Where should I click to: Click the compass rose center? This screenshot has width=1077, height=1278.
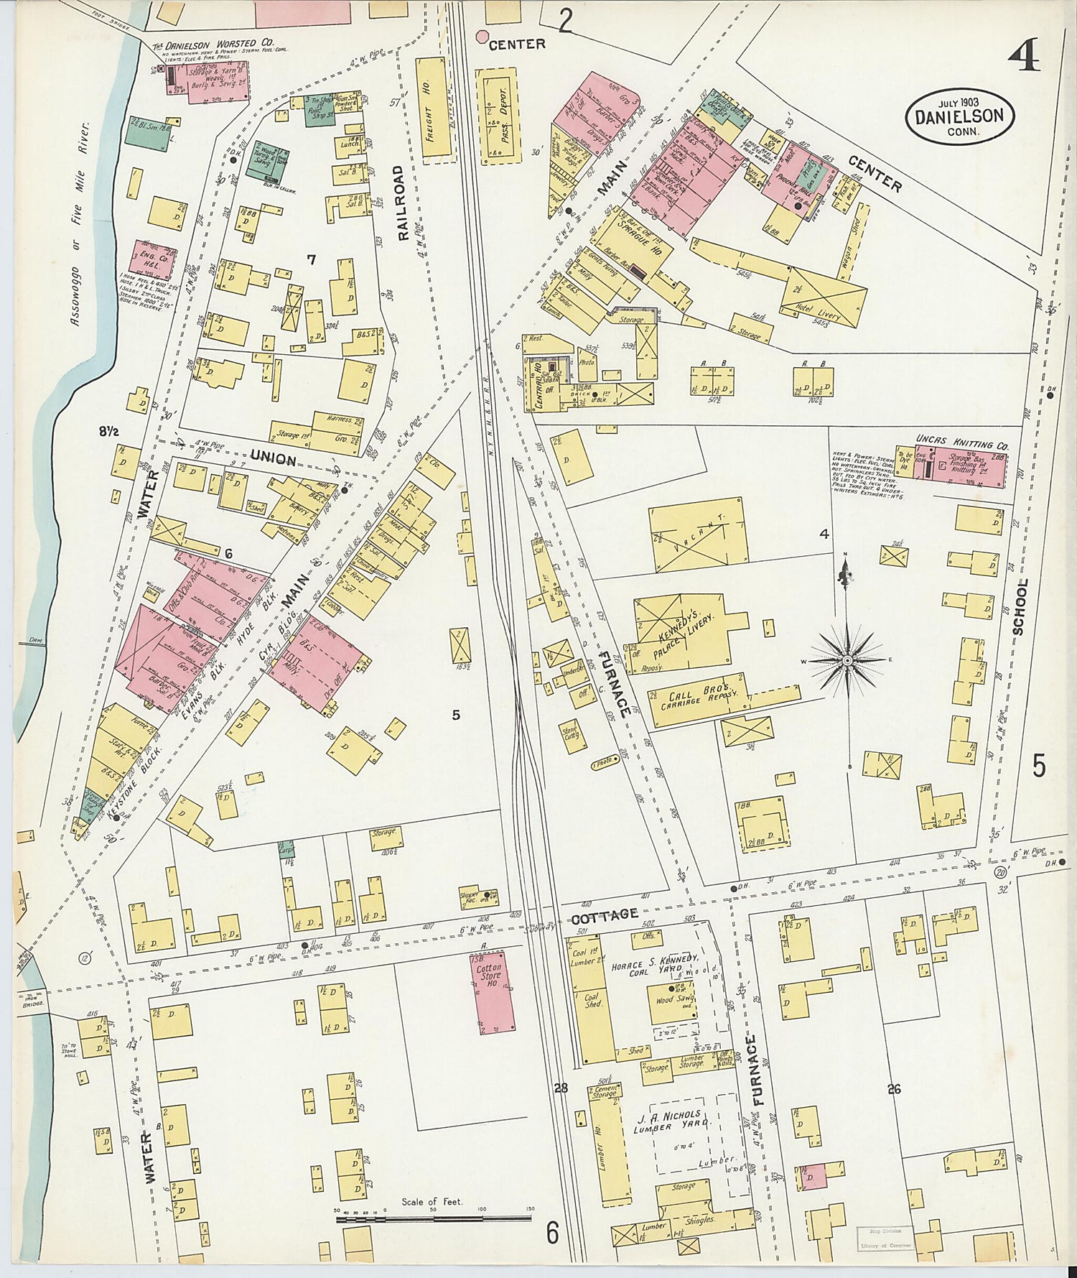[847, 659]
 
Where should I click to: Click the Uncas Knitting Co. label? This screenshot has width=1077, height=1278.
[961, 437]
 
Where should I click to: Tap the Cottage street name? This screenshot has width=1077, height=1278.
[605, 914]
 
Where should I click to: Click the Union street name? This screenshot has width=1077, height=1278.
[274, 458]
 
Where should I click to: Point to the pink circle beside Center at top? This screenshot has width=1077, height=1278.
[482, 35]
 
